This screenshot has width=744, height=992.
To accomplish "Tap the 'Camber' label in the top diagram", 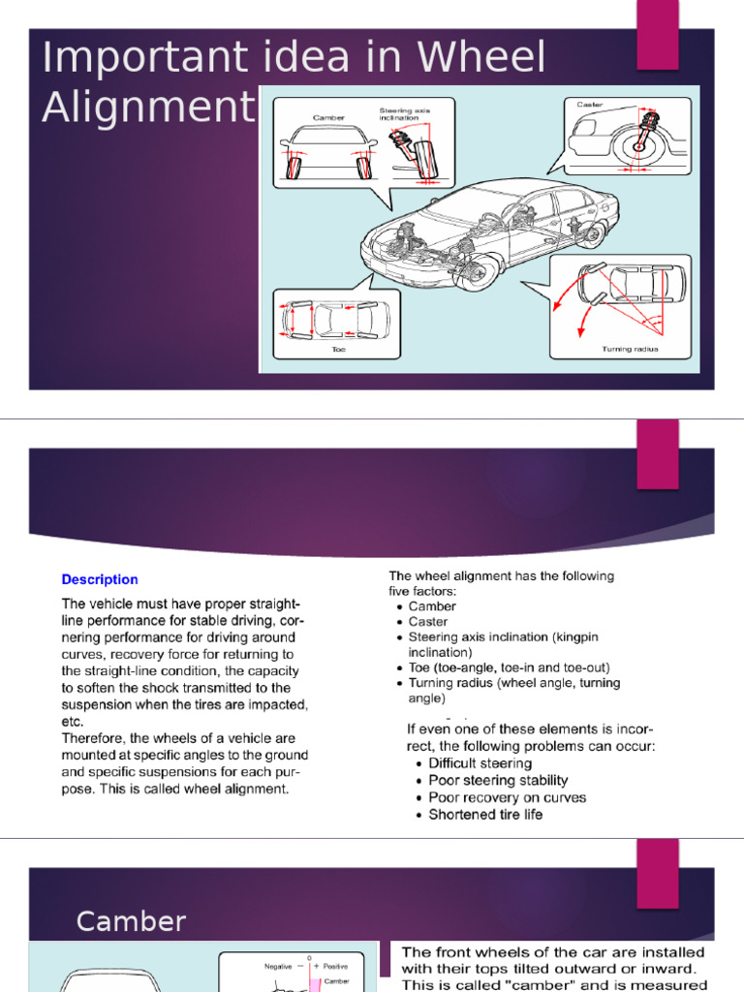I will pyautogui.click(x=328, y=117).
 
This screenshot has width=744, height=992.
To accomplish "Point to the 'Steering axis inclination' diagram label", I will pyautogui.click(x=404, y=114).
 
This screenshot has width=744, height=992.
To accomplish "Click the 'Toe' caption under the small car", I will pyautogui.click(x=338, y=350).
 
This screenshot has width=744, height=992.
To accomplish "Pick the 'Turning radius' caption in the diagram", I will pyautogui.click(x=630, y=349).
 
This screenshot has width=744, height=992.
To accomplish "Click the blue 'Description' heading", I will pyautogui.click(x=100, y=579).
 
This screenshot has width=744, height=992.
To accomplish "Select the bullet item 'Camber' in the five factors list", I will pyautogui.click(x=432, y=606).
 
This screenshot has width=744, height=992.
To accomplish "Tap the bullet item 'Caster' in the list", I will pyautogui.click(x=428, y=622).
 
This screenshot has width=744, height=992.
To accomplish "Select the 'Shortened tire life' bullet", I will pyautogui.click(x=485, y=815).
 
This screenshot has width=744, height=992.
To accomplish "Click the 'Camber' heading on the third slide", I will pyautogui.click(x=131, y=921).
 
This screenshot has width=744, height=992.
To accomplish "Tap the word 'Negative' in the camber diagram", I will pyautogui.click(x=278, y=966).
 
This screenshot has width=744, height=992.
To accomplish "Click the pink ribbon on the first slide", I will pyautogui.click(x=657, y=35).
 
